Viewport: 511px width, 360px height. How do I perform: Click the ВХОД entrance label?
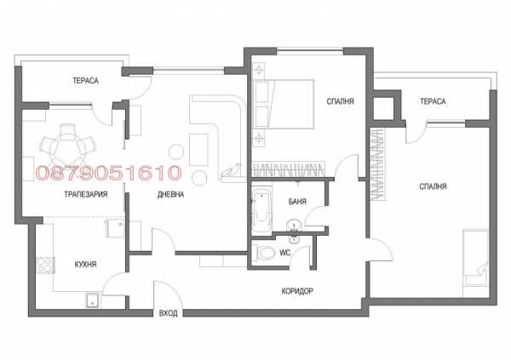coord(168,313)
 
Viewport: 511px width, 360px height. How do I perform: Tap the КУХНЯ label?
coord(85,264)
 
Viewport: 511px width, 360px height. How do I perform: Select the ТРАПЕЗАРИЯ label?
coord(86,194)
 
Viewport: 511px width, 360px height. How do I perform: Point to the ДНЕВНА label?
coord(170,194)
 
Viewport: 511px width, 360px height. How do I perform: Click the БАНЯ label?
coord(297,202)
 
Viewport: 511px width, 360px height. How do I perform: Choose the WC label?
coord(284,253)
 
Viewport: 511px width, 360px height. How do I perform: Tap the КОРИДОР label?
coord(297,290)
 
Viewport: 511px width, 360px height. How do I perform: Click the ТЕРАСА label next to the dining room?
coord(85,81)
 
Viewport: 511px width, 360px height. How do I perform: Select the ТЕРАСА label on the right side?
coord(433,101)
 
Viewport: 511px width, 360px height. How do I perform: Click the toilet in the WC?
coord(266,253)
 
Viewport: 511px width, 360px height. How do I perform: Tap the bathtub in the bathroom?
coord(261,209)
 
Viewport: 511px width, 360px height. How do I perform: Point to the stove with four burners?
coord(45,265)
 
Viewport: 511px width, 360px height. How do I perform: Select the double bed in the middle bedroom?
coord(284,104)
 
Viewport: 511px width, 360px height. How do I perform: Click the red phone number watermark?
coord(108,173)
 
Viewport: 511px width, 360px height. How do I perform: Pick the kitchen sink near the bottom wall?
coord(94,300)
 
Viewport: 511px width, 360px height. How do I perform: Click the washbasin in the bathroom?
coord(295,226)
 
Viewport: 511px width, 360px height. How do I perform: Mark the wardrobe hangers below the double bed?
coord(289,169)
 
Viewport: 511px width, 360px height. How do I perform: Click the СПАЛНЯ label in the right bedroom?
coord(433,186)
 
